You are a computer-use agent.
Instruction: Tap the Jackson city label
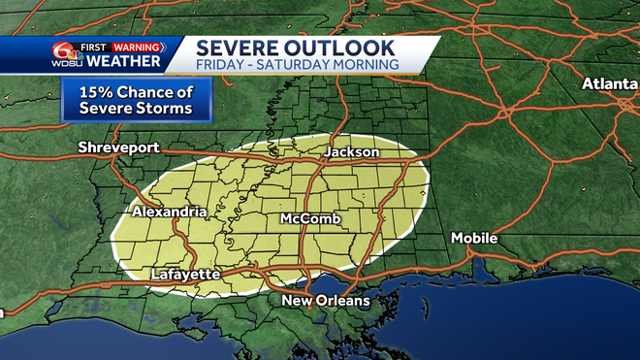coord(351,153)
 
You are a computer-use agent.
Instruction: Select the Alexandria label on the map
coord(170,212)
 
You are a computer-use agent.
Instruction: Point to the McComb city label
coord(310,220)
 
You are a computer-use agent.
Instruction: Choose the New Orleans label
coord(325,302)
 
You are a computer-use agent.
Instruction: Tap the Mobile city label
coord(474,238)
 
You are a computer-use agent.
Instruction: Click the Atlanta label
coord(610,84)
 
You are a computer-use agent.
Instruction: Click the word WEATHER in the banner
coord(123,62)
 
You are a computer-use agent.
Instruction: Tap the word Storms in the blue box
coord(165,110)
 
